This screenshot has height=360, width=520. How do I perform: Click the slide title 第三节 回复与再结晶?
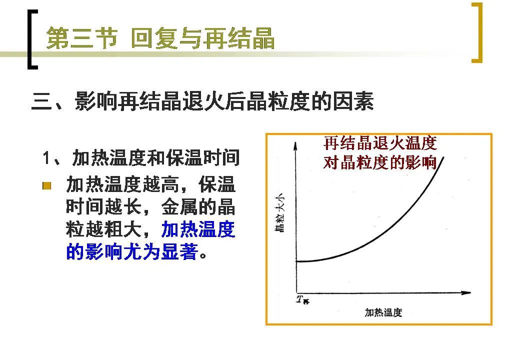pos(160,38)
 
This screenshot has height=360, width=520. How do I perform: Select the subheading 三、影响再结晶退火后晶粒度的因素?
pos(202,101)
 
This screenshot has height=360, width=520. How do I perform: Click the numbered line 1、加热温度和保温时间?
pos(141,157)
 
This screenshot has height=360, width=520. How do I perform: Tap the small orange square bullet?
pos(47,185)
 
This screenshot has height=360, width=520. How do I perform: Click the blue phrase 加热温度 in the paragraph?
pos(198,229)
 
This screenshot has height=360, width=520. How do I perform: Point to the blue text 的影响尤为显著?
pos(132,251)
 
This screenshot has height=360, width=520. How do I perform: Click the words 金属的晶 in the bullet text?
pos(198,207)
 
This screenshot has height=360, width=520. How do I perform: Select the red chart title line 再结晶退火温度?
pos(380,143)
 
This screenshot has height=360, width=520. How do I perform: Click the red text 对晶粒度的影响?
pos(380,163)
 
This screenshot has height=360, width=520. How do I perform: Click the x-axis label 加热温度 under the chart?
pos(383,312)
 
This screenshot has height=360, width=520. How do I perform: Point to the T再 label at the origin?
pos(302,299)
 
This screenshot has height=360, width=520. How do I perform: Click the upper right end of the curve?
pos(443,157)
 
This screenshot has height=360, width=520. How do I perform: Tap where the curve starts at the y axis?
pos(296,261)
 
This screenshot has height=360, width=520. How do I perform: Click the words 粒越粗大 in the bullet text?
pos(104,229)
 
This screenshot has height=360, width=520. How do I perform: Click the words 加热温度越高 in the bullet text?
pos(122,184)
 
